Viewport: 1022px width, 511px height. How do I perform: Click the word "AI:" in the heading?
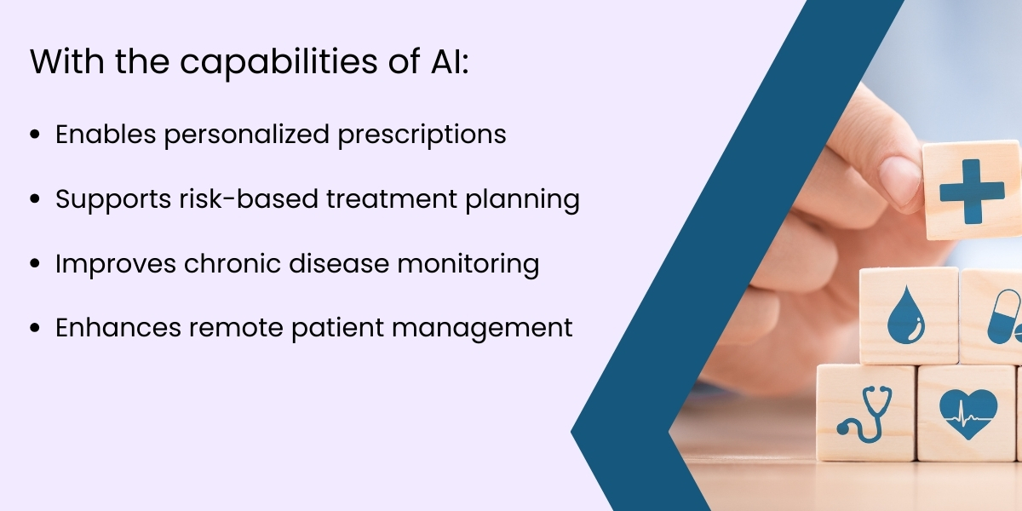(x=443, y=65)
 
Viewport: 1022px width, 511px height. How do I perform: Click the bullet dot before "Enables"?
(x=35, y=135)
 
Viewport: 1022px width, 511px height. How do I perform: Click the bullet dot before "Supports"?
(x=35, y=199)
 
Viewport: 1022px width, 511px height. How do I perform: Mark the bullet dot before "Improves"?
(x=35, y=264)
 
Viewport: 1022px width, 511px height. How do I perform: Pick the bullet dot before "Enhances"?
(x=35, y=329)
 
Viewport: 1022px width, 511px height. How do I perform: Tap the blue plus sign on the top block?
(x=972, y=191)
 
